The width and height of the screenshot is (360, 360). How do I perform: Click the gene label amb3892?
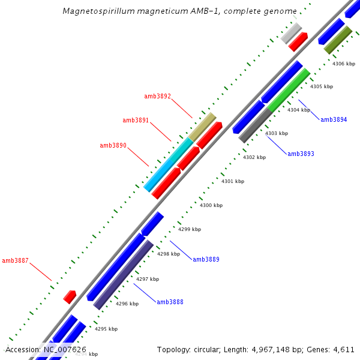pos(157,96)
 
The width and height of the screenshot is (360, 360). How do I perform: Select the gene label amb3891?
pos(136,121)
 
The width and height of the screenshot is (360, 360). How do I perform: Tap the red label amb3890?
pos(113,145)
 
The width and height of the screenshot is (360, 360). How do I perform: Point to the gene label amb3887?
pos(15,260)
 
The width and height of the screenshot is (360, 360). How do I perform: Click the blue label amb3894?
pos(334,120)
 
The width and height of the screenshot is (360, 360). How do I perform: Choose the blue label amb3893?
pos(301,154)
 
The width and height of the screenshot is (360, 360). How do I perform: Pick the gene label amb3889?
pos(206,259)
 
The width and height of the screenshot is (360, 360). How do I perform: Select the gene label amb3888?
pos(170,302)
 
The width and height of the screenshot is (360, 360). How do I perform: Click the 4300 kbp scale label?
pos(211,206)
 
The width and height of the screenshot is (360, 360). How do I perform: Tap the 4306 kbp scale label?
pos(344,64)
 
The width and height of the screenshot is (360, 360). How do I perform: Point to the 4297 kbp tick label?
pos(148,279)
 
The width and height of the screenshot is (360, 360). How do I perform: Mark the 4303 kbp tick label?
pos(277,133)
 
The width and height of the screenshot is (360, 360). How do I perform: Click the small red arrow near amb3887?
pos(70,296)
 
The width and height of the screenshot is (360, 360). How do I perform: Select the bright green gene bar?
pos(289,90)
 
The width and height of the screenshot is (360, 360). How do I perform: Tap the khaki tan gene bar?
pos(202,127)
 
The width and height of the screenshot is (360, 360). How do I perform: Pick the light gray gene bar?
pos(291,32)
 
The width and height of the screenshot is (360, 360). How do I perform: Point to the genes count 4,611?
pos(344,349)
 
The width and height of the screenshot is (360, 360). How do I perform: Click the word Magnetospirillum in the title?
pos(94,11)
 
